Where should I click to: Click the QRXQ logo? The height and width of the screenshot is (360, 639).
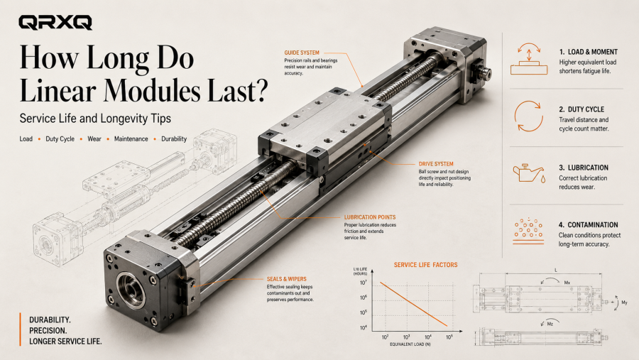pos(55,23)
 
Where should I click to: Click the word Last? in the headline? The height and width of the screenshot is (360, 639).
pos(238,90)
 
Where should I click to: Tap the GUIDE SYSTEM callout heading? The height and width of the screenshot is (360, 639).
pos(302,53)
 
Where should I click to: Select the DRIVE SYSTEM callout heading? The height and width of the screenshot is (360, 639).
pos(436,164)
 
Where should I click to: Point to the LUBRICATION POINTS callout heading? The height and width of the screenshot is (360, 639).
pos(370,217)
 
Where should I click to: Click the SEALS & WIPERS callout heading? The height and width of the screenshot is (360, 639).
pos(287,279)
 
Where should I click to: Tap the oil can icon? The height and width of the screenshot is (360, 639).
pos(529,173)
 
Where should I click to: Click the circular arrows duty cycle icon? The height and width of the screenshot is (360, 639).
pos(528,116)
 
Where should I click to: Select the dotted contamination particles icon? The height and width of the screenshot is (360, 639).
pos(528,231)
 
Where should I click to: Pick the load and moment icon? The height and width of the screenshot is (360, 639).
pos(529,59)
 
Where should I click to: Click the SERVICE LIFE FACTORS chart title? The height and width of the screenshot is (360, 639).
pos(425,265)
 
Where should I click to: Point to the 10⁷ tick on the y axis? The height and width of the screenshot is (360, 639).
pos(363,283)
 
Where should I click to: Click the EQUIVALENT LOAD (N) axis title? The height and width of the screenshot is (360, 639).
pos(410,344)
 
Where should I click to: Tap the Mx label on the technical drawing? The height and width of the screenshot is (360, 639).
pos(567,283)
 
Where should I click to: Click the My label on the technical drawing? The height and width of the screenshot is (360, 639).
pos(624,302)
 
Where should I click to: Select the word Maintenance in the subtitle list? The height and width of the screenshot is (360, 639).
pos(131,139)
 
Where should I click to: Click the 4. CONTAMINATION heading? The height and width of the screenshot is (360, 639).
pos(588,224)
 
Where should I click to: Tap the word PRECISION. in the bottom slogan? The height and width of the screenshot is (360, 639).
pos(48,331)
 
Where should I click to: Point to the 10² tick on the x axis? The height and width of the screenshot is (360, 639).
pos(385,337)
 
